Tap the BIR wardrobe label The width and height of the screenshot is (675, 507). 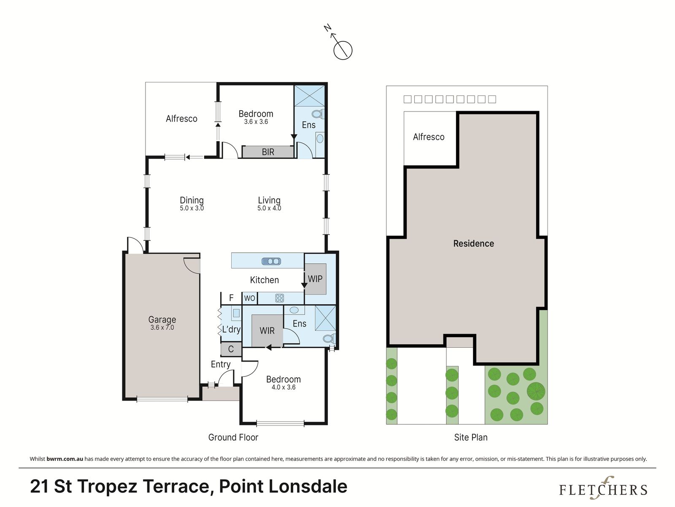(268, 152)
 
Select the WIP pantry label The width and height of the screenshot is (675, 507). (315, 279)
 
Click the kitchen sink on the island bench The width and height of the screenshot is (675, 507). (271, 262)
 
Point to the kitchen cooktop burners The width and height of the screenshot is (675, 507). (280, 298)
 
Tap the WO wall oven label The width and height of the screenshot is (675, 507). (249, 298)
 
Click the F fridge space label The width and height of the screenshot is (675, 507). (231, 298)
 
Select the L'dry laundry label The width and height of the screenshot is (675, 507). (231, 330)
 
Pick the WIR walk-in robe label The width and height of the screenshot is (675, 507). (267, 331)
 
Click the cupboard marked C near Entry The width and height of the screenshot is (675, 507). (231, 349)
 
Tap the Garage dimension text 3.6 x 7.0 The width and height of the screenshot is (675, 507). (162, 327)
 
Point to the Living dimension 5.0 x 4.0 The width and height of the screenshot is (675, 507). (269, 208)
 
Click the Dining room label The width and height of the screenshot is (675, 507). (192, 200)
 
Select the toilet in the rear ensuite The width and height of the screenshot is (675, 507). (317, 114)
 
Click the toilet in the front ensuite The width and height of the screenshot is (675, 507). (329, 339)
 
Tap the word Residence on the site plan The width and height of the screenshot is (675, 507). (474, 243)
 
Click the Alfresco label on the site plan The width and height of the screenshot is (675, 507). (429, 137)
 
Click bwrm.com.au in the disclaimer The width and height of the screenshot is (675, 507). (65, 459)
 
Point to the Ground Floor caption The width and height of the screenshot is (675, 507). (233, 437)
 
